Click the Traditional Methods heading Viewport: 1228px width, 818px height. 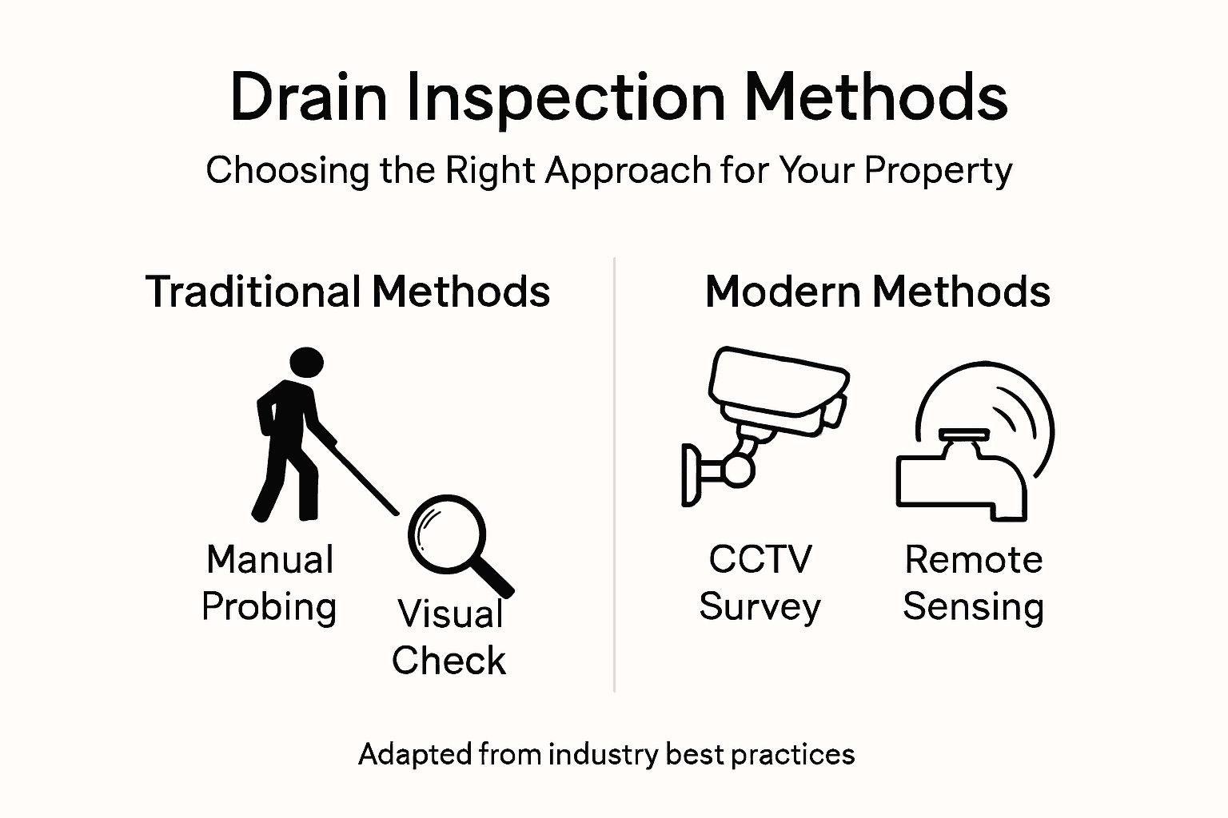tap(348, 292)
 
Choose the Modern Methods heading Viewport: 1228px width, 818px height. tap(877, 292)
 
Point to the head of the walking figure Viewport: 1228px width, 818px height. tap(305, 363)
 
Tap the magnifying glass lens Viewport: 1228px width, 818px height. tap(445, 533)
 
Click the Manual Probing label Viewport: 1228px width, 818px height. tap(269, 583)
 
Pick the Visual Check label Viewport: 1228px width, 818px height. tap(449, 637)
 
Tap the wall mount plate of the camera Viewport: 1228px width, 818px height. tap(689, 475)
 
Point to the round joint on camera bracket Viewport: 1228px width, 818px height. tap(739, 470)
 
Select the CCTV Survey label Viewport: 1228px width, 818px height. tap(760, 583)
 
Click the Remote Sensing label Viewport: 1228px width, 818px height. tap(973, 583)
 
